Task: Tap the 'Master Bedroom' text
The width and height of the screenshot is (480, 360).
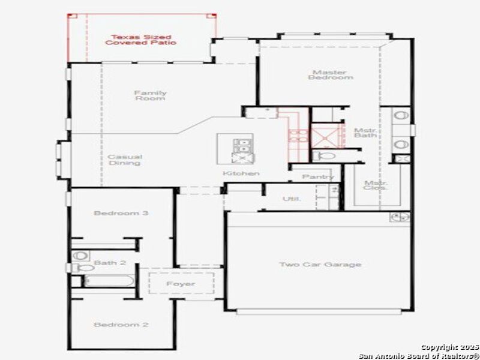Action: coord(331,75)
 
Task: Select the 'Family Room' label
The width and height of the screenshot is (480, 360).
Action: coord(150,95)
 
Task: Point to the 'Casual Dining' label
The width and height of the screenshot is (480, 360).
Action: coord(125,160)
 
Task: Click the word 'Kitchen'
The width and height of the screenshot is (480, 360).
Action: coord(241,173)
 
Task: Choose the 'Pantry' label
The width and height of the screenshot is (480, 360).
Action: coord(318,177)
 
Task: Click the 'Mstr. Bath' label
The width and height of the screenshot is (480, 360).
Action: coord(365,133)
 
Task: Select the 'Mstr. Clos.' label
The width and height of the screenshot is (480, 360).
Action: coord(375,185)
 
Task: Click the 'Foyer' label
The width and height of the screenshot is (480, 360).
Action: coord(181,283)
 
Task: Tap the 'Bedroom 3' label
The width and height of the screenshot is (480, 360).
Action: coord(121,213)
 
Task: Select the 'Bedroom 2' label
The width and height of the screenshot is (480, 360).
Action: coord(121,325)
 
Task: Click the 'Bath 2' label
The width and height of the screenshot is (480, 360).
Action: coord(109,263)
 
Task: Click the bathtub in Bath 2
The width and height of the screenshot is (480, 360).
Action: coord(108,280)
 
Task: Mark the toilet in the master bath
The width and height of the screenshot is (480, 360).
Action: coord(322,156)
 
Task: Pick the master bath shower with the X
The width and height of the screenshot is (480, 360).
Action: coord(324,136)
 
